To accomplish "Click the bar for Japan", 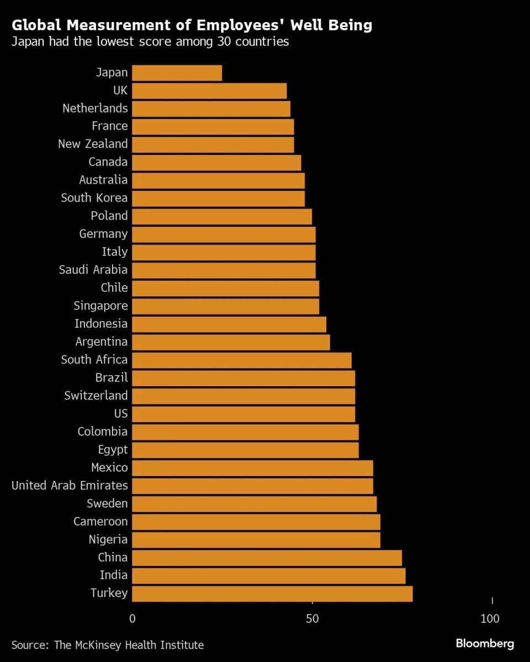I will pos(177,73).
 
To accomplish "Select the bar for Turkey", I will pos(272,594).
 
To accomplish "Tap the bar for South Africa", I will pos(242,360).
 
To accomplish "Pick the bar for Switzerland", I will pos(243,396).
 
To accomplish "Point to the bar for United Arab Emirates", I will pos(252,486).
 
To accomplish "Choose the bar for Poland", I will pos(222,216).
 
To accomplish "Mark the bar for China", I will pos(267,558).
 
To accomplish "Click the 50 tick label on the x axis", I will pos(312,619).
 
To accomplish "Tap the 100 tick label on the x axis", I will pos(490,619).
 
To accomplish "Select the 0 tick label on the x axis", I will pos(132,619).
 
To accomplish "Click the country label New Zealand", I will pos(93,144).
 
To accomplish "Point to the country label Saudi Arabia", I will pos(93,270).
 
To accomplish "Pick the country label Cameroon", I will pos(100,521).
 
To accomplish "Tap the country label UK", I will pos(120,90).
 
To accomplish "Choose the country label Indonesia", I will pos(101,324).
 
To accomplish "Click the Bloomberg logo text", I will pos(485,644).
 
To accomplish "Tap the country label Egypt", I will pos(113,450).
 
